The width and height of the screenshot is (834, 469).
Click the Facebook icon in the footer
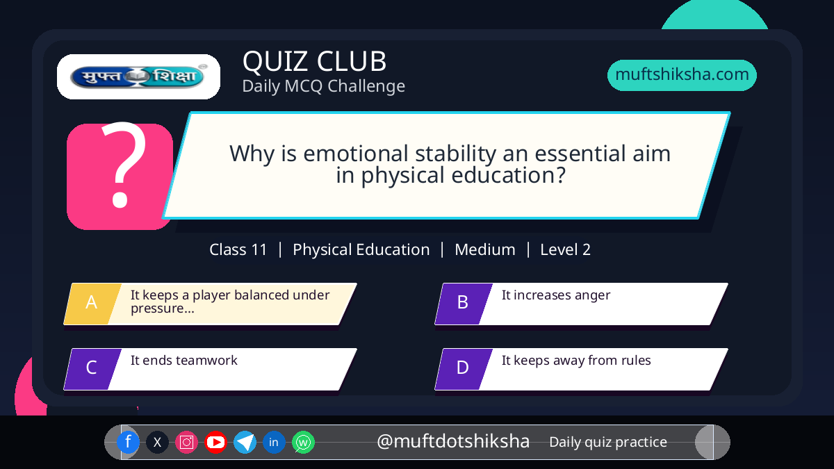point(128,442)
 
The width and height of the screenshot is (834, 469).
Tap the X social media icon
point(157,442)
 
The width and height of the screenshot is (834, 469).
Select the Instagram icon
point(186,442)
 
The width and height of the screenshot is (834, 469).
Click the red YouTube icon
point(215,442)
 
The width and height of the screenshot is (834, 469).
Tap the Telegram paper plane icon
point(245,442)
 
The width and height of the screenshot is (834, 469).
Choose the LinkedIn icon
point(274,442)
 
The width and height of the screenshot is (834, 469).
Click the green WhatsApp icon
point(303,442)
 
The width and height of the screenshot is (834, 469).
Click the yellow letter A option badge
point(92,304)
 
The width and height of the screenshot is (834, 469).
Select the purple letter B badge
point(463,304)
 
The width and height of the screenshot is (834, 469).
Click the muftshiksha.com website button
point(682,75)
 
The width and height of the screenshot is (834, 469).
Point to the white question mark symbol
point(124,165)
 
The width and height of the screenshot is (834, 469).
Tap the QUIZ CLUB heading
point(314,61)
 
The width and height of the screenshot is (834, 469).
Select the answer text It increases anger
point(556,295)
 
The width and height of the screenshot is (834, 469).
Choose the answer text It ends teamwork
point(184,361)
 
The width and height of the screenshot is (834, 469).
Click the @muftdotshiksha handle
point(452,441)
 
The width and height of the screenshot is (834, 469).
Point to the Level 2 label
point(565,249)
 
